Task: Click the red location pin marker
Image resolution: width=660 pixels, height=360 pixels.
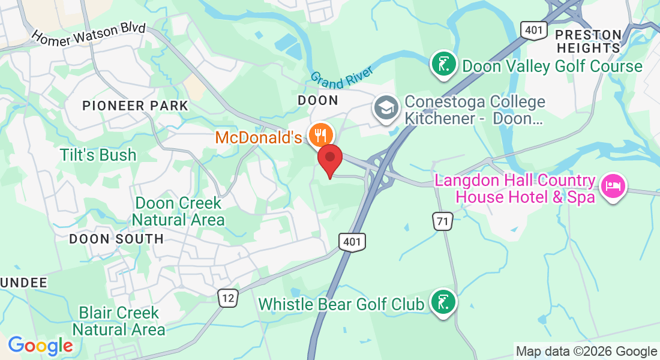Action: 329,159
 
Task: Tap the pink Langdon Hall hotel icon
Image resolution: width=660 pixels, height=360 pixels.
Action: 613,187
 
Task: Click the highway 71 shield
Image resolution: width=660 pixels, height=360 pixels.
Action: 443,221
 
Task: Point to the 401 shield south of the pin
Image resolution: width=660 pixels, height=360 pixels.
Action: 352,242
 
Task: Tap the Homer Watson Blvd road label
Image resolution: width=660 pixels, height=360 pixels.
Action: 88,36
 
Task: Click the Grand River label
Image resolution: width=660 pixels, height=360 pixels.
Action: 341,77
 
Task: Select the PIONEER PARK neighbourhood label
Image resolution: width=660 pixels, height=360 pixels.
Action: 135,106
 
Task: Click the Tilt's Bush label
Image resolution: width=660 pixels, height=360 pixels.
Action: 98,155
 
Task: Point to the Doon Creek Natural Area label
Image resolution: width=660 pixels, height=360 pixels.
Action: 178,211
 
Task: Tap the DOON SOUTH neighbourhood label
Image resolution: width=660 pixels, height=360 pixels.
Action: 116,239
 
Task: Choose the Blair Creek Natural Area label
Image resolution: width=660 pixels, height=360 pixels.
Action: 119,321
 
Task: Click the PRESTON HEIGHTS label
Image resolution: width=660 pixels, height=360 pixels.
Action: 589,41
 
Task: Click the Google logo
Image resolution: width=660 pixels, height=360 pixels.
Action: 40,346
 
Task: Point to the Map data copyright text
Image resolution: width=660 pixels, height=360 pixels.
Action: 586,352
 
